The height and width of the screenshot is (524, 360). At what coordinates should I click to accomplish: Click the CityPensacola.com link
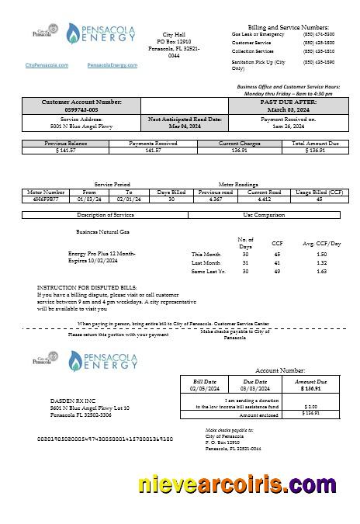click(x=47, y=65)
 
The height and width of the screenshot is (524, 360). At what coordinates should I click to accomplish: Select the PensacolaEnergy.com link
click(x=112, y=65)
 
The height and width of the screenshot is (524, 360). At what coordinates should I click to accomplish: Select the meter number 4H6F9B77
click(x=46, y=200)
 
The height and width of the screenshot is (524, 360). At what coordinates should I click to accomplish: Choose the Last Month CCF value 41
click(x=277, y=262)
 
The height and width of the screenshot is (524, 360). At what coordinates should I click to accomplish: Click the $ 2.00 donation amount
click(x=311, y=406)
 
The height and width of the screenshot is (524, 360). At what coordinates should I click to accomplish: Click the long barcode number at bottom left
click(x=105, y=439)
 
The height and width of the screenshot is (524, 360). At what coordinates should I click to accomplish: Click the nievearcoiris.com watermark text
click(x=237, y=485)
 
